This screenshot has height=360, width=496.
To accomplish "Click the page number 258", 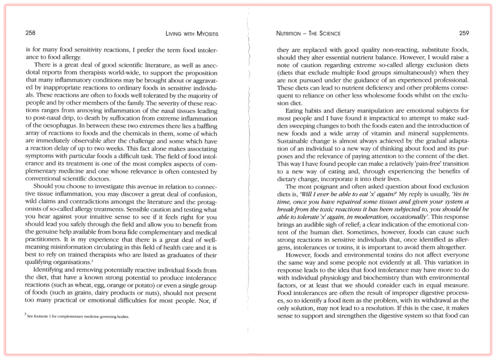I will pos(30,33).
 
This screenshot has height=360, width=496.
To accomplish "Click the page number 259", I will pos(463,33).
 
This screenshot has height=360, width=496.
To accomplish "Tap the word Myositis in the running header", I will pos(203,34).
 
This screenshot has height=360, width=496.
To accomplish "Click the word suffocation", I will pos(138,118).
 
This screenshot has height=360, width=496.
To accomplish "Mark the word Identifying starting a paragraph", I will pos(52,270).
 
